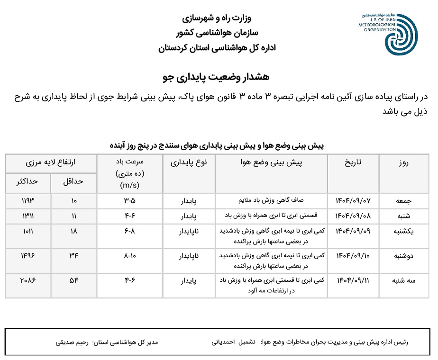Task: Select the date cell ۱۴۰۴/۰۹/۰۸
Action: (x=353, y=216)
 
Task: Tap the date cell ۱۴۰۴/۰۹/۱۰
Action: (x=353, y=256)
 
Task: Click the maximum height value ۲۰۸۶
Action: (x=28, y=280)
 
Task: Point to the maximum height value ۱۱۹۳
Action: (x=28, y=200)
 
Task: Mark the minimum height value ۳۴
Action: (x=74, y=256)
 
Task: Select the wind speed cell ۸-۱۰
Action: (x=129, y=256)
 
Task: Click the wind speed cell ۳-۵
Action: (x=129, y=200)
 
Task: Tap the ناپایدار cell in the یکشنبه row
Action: (x=189, y=232)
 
